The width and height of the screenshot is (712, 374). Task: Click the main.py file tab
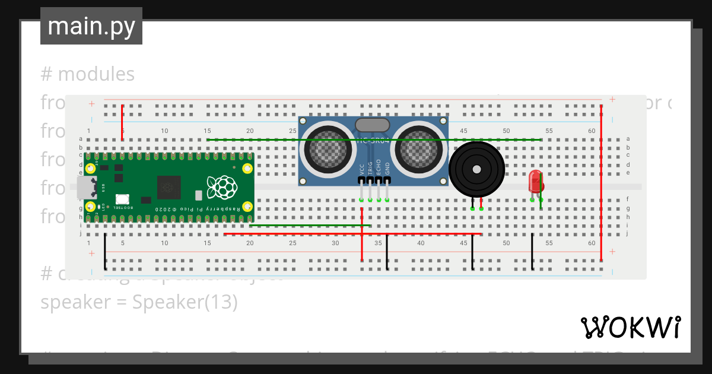point(91,27)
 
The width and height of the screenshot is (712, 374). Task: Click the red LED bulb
point(536,181)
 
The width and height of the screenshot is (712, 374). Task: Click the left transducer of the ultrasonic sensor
point(326,151)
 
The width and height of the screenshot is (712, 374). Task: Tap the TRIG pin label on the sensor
point(370,169)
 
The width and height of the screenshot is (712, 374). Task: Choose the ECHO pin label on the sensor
point(379,169)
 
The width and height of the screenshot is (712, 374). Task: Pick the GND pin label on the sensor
point(387,169)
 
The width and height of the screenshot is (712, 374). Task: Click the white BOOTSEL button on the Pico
point(123,200)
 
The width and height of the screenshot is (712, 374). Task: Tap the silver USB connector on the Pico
point(87,188)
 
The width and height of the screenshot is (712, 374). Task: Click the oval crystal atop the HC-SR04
point(372,125)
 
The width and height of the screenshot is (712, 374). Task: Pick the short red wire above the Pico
point(122,122)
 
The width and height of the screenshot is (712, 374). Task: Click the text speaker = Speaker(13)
point(139,302)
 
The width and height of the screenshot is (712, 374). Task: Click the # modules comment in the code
point(88,74)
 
